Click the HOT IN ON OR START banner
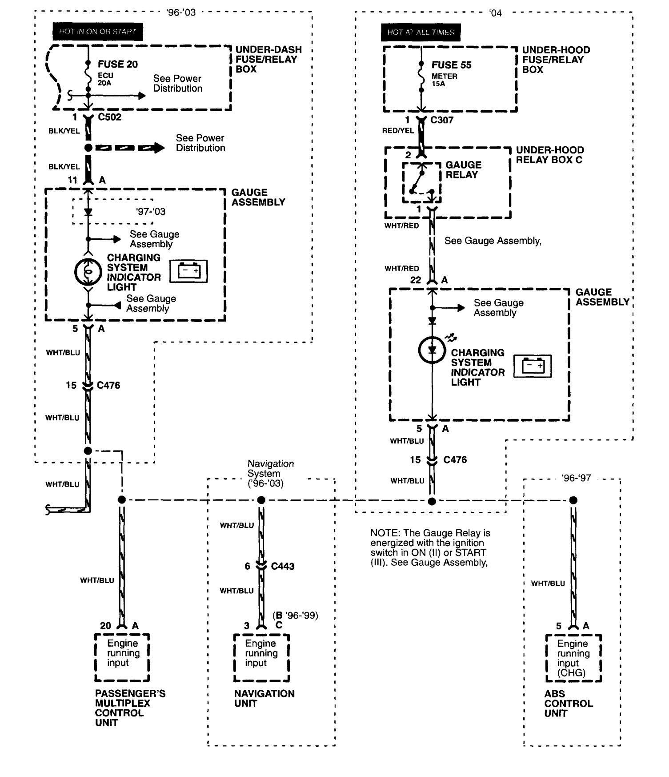(98, 32)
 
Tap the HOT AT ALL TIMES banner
(421, 32)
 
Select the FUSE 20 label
(118, 64)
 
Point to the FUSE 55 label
(451, 65)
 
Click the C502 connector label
(109, 117)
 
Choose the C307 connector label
(442, 120)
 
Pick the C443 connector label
(283, 566)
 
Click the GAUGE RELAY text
(463, 169)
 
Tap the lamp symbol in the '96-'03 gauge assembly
(88, 272)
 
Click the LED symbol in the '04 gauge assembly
(432, 350)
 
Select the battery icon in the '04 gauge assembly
(533, 366)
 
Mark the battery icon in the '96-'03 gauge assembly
(189, 271)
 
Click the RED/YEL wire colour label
(398, 130)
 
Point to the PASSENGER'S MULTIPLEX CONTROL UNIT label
(130, 708)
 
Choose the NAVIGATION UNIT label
(264, 698)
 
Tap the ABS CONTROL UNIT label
(568, 703)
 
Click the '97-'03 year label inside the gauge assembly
(151, 211)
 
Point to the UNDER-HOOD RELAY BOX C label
(550, 155)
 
